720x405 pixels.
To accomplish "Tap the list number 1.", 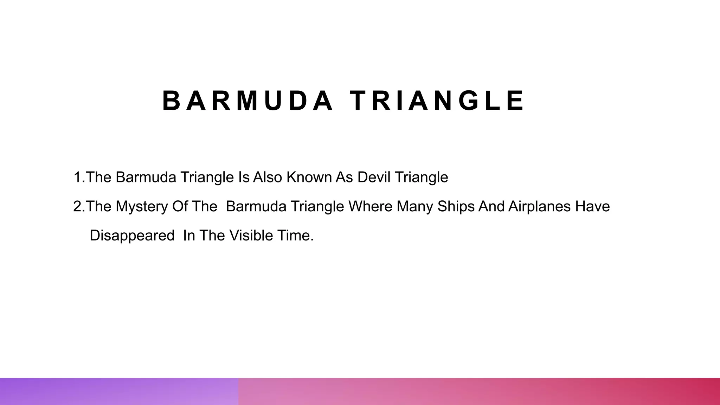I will pyautogui.click(x=77, y=177).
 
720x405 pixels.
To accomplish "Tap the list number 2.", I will pyautogui.click(x=77, y=206).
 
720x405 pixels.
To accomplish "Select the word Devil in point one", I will pyautogui.click(x=374, y=177).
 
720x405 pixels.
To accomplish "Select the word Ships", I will pyautogui.click(x=456, y=206).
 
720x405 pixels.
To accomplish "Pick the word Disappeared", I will pyautogui.click(x=132, y=236).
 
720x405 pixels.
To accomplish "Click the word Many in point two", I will pyautogui.click(x=415, y=206).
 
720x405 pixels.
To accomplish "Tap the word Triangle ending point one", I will pyautogui.click(x=421, y=177).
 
